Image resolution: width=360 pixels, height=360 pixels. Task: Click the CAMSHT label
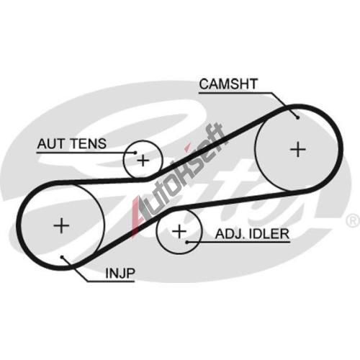click(x=228, y=84)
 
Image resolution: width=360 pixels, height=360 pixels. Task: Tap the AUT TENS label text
click(x=72, y=144)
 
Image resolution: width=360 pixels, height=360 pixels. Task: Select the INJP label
click(x=120, y=273)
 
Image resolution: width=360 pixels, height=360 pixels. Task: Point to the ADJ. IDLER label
click(x=252, y=234)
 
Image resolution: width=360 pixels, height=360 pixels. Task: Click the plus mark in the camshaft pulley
click(x=298, y=150)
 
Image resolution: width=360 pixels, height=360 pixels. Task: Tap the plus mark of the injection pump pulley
click(x=61, y=225)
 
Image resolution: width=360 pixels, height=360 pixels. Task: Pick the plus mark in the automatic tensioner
click(x=143, y=160)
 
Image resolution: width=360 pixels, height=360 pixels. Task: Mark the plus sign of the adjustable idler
click(x=179, y=232)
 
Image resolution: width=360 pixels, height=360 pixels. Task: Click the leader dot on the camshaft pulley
click(x=298, y=117)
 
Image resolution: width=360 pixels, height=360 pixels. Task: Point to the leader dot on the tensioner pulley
click(x=135, y=153)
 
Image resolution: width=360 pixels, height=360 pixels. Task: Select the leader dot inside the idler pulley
click(x=187, y=242)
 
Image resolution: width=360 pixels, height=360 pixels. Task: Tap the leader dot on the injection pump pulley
click(x=62, y=257)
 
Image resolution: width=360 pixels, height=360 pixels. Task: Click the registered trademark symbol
click(x=353, y=221)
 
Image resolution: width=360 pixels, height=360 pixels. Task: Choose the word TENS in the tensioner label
click(x=89, y=144)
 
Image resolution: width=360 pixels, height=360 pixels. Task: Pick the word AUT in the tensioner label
click(x=51, y=144)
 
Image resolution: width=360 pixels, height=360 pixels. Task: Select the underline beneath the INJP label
click(x=111, y=281)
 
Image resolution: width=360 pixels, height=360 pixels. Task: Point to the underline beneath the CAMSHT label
click(x=236, y=93)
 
